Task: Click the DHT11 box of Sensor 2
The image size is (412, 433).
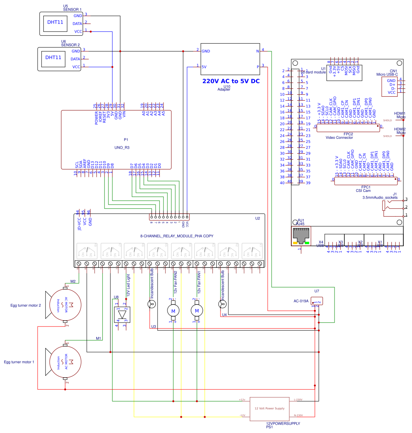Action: tap(53, 57)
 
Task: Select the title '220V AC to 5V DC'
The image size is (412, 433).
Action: tap(231, 81)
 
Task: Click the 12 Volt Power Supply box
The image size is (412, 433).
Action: tap(269, 408)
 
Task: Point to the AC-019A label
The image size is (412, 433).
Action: tap(301, 301)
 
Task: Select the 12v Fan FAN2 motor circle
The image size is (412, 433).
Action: tap(173, 311)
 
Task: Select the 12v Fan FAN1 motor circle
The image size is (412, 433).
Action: tap(197, 311)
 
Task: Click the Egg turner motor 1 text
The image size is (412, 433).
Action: tap(20, 361)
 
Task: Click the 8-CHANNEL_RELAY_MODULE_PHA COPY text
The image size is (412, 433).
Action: tap(177, 236)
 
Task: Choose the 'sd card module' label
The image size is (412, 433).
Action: tap(313, 72)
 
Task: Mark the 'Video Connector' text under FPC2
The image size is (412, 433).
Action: tap(339, 138)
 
